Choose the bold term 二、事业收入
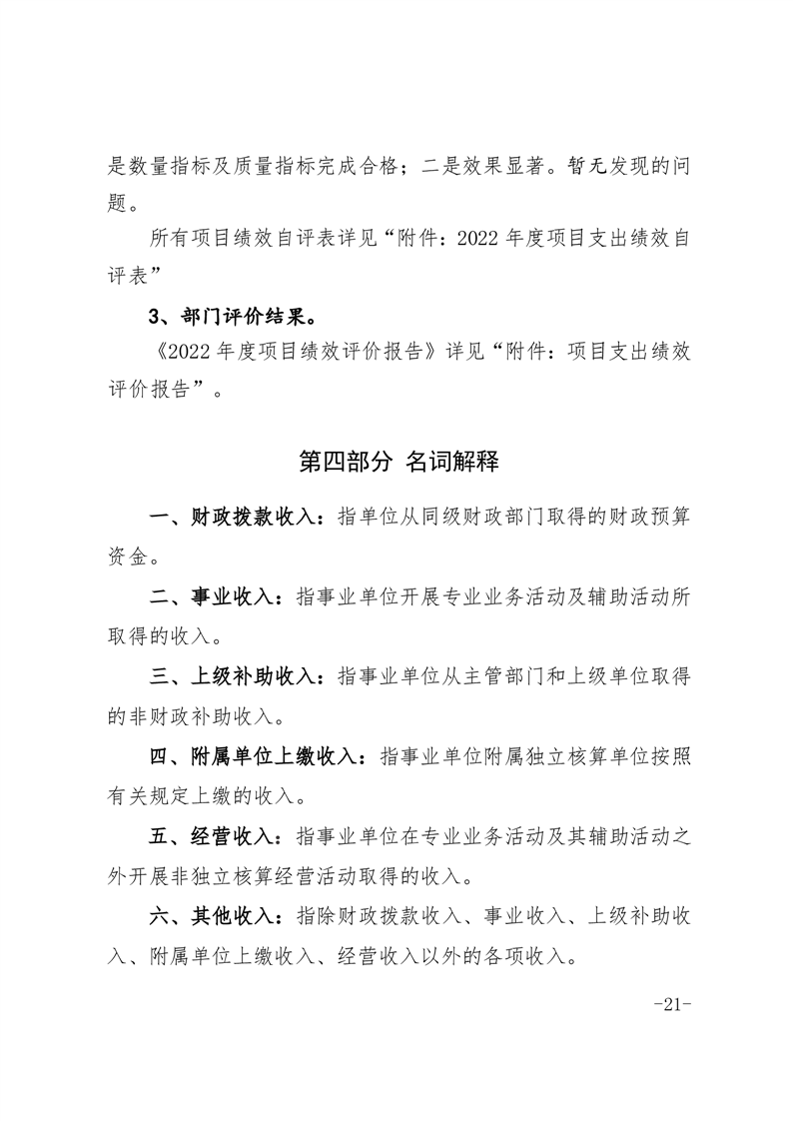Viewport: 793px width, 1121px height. click(x=215, y=596)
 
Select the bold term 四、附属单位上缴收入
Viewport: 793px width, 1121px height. click(x=257, y=756)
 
